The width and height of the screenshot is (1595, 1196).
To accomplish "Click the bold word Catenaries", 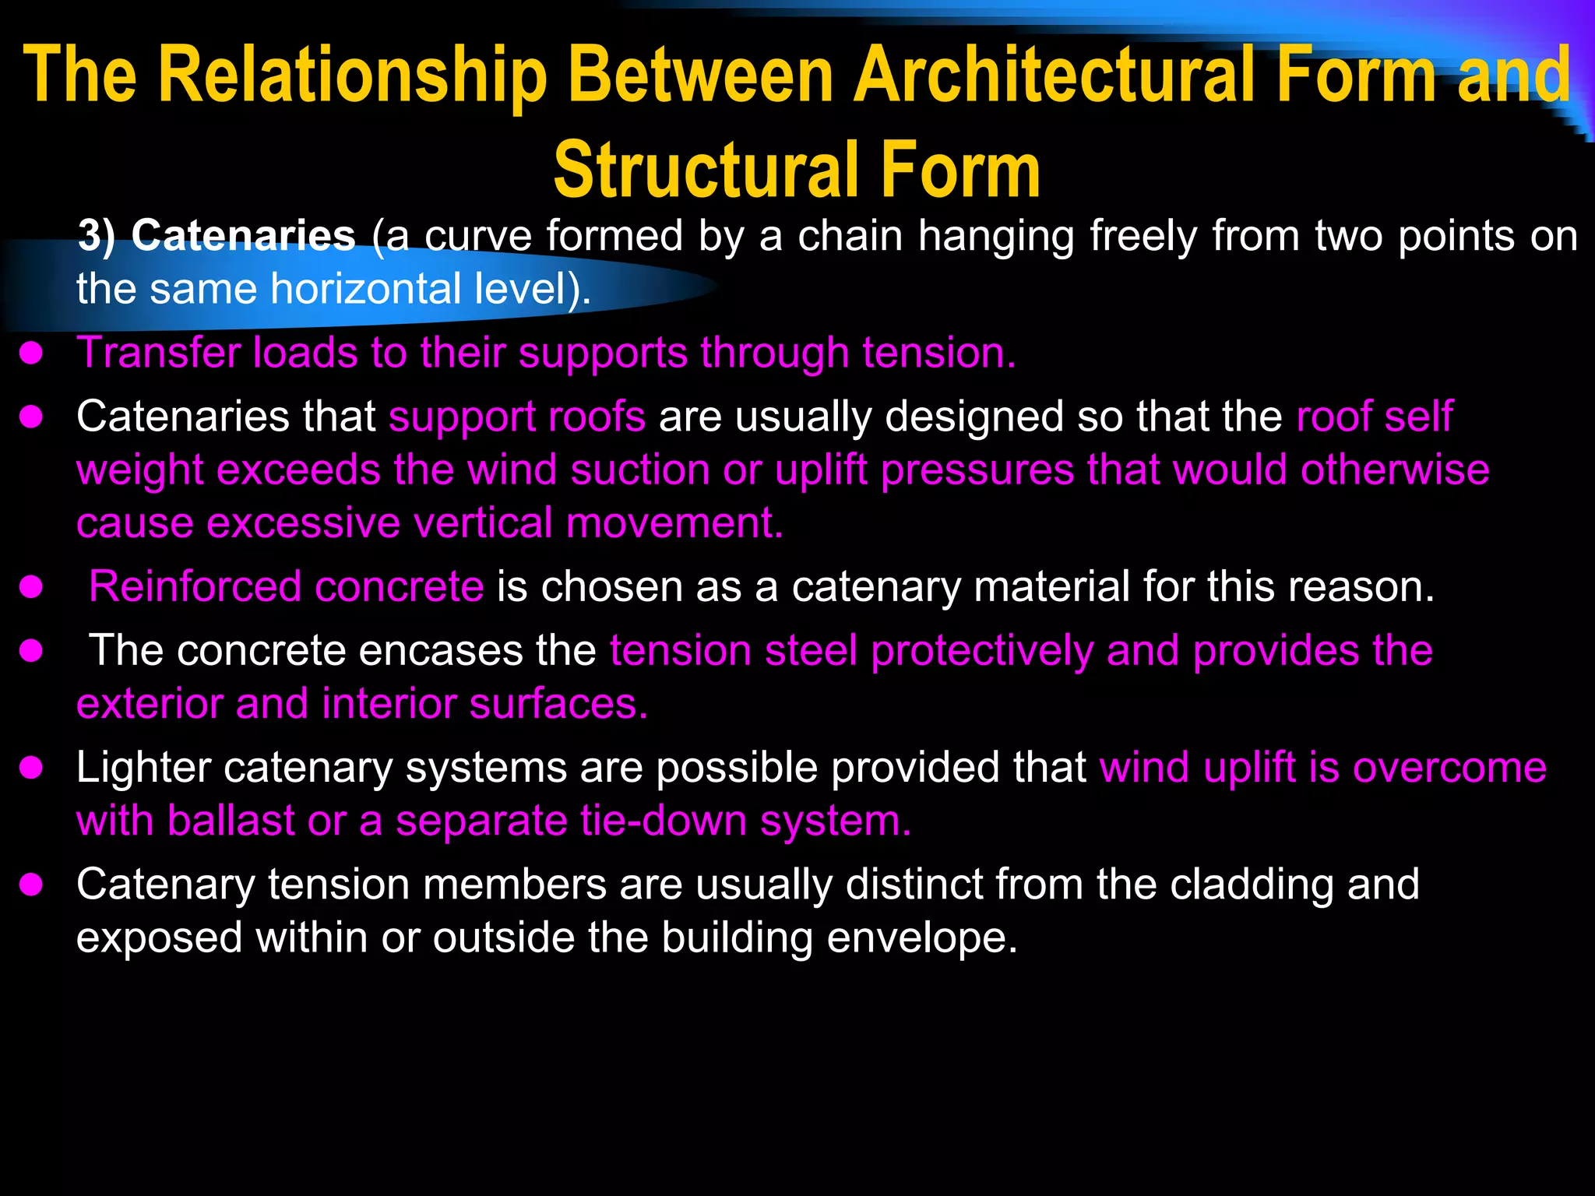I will tap(243, 235).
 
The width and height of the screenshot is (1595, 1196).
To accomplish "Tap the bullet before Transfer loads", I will tap(31, 354).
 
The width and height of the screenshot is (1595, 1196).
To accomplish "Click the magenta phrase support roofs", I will tap(517, 417).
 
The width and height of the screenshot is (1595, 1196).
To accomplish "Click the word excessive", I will tap(303, 522).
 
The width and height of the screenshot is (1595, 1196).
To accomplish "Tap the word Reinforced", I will tap(195, 586).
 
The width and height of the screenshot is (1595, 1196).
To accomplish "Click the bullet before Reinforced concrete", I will tap(31, 588).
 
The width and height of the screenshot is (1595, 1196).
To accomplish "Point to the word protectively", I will tap(981, 650).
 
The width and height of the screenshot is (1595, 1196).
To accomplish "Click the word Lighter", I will tap(143, 768).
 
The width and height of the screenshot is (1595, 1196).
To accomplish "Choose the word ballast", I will tap(231, 821).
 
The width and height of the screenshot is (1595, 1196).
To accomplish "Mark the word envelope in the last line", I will tap(921, 937).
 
